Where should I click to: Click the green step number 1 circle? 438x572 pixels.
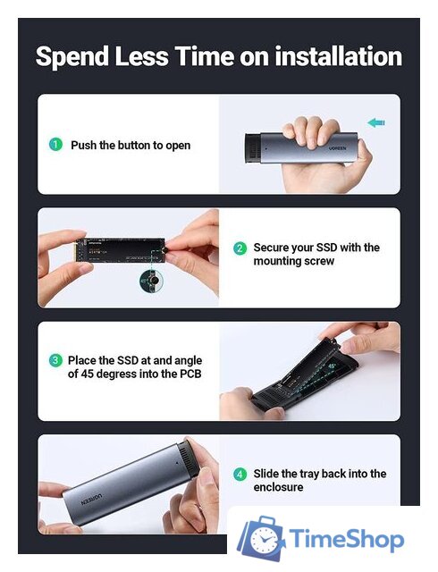(x=55, y=145)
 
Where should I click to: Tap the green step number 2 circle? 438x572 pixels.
(x=240, y=248)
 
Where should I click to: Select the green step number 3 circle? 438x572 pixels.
(x=55, y=360)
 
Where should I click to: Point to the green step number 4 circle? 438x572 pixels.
(x=240, y=474)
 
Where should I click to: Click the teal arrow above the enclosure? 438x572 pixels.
(x=376, y=122)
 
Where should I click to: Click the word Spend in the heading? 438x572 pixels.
(x=72, y=57)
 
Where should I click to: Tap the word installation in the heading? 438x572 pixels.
(x=339, y=55)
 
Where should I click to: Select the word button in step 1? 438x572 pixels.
(x=133, y=145)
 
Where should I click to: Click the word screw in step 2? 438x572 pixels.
(x=320, y=261)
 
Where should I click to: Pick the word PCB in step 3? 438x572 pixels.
(x=190, y=374)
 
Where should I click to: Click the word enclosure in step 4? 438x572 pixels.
(x=278, y=487)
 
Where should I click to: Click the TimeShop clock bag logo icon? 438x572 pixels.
(x=261, y=538)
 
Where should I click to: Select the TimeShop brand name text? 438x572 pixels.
(x=347, y=539)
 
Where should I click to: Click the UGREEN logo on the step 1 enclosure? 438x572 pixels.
(x=338, y=149)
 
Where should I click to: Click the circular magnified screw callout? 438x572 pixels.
(x=152, y=282)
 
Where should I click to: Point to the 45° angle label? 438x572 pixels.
(x=333, y=366)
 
